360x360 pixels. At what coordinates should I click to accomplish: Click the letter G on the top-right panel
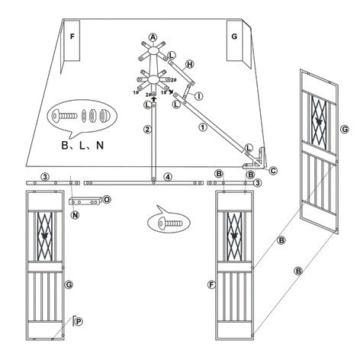233,36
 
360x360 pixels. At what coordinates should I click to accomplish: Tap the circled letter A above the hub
153,37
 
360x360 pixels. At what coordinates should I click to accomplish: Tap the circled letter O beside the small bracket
107,200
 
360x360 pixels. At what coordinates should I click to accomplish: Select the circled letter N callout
76,215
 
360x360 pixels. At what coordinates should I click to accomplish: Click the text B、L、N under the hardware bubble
79,143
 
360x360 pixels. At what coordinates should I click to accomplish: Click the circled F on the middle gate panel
211,284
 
